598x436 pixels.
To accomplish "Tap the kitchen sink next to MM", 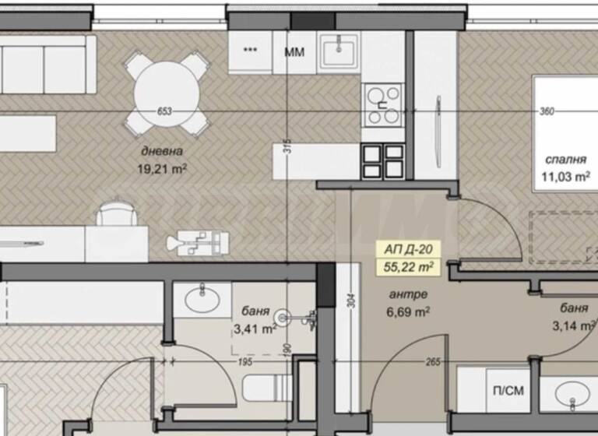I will pos(339,51).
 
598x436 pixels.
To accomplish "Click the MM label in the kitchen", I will pos(294,52).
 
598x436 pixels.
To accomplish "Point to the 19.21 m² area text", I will pos(164,167).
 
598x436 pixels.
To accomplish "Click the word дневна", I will pos(162,152).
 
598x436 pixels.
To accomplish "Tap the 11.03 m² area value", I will pos(564,176).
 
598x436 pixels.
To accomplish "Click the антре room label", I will pos(407,295).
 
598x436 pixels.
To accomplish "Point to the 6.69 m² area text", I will pos(409,311).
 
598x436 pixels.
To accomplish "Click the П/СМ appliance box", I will pos(497,389).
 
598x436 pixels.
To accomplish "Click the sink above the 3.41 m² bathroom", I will pos(202,298).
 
